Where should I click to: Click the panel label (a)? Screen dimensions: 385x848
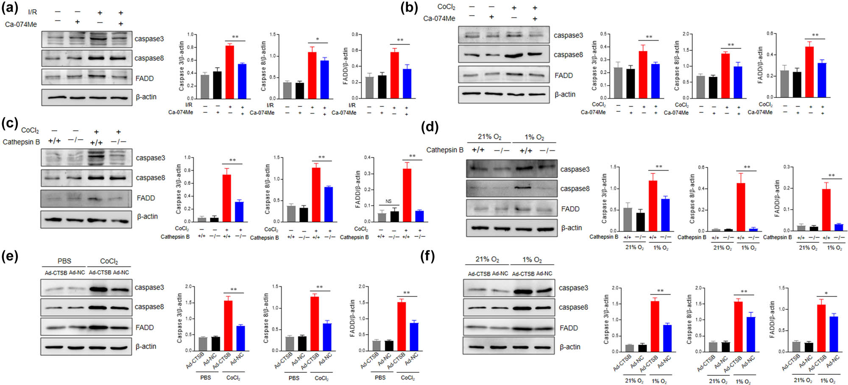10,7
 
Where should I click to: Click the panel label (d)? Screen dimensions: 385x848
429,127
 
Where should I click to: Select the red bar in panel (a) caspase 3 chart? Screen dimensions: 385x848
230,72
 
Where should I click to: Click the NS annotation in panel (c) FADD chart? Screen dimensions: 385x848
388,201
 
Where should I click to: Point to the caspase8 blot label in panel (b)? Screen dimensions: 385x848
568,55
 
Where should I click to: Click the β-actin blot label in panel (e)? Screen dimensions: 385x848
146,346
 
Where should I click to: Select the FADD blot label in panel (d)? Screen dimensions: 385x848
570,209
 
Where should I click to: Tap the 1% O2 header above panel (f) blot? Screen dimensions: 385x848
532,259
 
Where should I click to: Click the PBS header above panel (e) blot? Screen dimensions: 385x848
64,261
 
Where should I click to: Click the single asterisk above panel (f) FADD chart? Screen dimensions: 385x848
826,294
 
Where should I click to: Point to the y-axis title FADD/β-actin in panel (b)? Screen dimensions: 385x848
760,65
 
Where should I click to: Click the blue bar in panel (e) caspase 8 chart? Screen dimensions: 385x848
327,337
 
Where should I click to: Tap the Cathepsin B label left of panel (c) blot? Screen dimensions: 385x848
21,142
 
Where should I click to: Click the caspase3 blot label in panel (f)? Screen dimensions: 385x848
573,288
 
